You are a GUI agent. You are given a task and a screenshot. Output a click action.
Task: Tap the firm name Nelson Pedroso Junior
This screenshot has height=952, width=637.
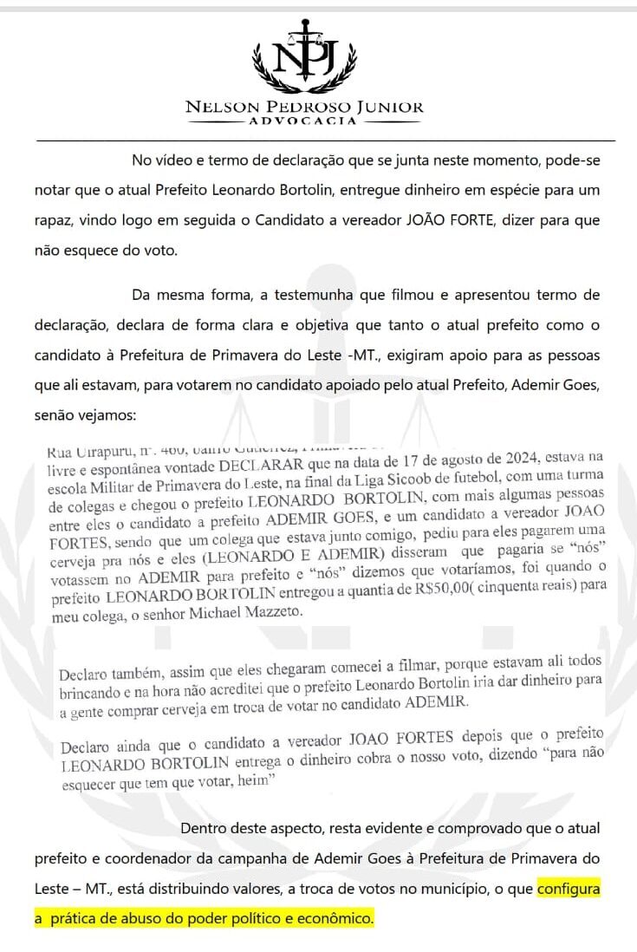pyautogui.click(x=304, y=108)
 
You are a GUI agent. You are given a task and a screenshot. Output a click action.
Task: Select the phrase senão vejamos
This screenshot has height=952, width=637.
pyautogui.click(x=86, y=414)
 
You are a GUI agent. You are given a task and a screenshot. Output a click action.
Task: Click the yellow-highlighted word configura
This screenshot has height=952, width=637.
pyautogui.click(x=568, y=889)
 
